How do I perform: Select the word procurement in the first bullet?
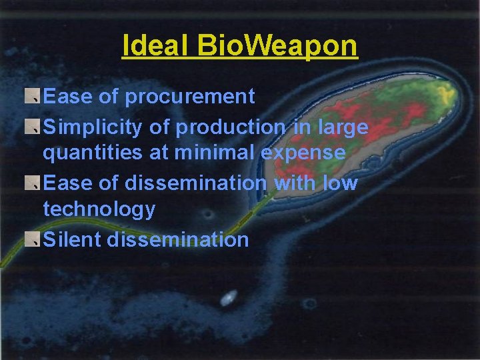[x=190, y=97]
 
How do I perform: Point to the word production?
[x=227, y=126]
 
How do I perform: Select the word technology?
[x=99, y=209]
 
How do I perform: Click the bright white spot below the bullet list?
[x=228, y=298]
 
